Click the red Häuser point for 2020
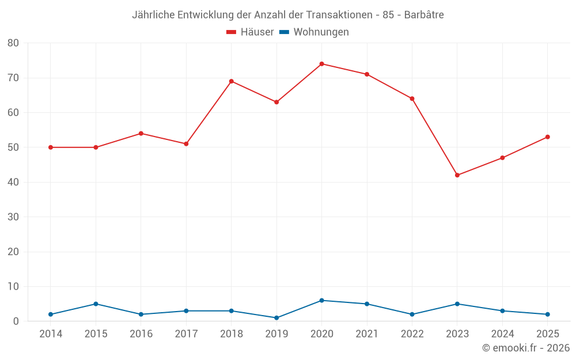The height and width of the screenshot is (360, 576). (322, 64)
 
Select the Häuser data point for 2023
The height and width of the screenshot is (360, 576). (457, 175)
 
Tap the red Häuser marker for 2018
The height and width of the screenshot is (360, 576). (232, 81)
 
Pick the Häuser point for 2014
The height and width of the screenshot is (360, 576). (51, 147)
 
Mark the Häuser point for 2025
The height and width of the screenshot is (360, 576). (548, 137)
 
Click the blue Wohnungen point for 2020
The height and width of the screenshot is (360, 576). (322, 301)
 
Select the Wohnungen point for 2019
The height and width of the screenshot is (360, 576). (276, 318)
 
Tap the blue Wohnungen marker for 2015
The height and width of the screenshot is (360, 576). (96, 304)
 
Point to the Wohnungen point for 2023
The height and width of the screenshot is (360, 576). (457, 304)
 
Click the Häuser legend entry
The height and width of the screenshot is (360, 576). (250, 32)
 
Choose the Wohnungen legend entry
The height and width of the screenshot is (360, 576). (314, 32)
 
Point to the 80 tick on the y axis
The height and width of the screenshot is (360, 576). (13, 43)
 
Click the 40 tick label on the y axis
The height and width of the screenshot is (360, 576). (13, 183)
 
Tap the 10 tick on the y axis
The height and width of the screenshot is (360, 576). (13, 287)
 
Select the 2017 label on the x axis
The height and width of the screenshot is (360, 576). (186, 334)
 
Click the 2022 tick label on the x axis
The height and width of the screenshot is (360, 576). (412, 334)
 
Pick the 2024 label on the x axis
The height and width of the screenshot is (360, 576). (502, 334)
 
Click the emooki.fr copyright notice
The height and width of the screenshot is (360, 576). (526, 348)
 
